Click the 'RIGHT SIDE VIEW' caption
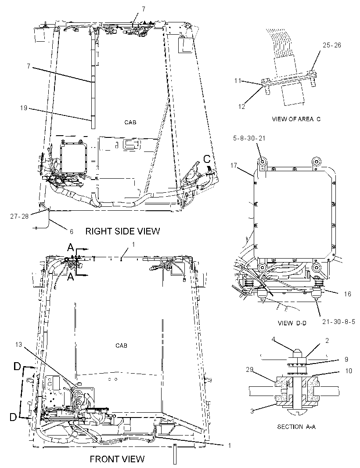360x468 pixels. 122,231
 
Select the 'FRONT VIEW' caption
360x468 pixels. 117,458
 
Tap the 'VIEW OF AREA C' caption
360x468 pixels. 296,119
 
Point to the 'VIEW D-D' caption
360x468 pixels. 292,323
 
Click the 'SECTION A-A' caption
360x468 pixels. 296,427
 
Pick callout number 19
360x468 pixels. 24,108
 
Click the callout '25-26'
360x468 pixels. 331,45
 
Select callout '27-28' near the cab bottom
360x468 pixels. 19,216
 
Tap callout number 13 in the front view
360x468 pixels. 18,345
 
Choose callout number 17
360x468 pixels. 234,165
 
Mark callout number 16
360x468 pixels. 347,294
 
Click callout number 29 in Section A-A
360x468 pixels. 249,370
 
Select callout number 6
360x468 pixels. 72,231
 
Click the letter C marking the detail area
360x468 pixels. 207,159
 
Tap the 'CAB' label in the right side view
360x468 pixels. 130,122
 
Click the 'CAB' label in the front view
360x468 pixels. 121,346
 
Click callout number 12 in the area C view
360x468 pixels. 241,107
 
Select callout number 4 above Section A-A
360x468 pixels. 274,339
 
